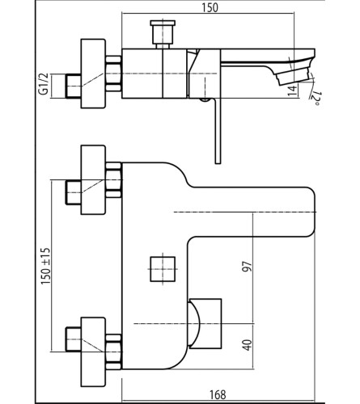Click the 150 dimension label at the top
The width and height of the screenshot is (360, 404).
(210, 7)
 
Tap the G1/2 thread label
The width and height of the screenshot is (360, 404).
(44, 83)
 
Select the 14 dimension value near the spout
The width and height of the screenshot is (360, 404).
(292, 90)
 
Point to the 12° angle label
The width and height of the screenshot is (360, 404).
(315, 99)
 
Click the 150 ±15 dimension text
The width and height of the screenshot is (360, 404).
(45, 266)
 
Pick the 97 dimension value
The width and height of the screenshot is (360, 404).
(248, 266)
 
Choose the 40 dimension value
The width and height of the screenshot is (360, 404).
(248, 345)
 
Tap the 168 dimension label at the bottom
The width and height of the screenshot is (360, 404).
(218, 395)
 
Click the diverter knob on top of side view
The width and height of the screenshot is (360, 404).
(163, 34)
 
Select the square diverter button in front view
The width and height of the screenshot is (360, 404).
(163, 269)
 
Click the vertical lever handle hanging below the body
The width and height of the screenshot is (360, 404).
(218, 131)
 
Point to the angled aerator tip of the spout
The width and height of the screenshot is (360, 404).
(293, 76)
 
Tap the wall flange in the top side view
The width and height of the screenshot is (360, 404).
(93, 74)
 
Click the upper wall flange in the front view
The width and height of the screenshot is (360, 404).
(93, 180)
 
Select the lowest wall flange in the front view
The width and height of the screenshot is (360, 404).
(93, 352)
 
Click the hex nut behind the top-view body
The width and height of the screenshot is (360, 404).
(114, 74)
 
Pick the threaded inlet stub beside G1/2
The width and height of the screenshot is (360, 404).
(73, 86)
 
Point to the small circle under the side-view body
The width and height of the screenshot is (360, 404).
(205, 100)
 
